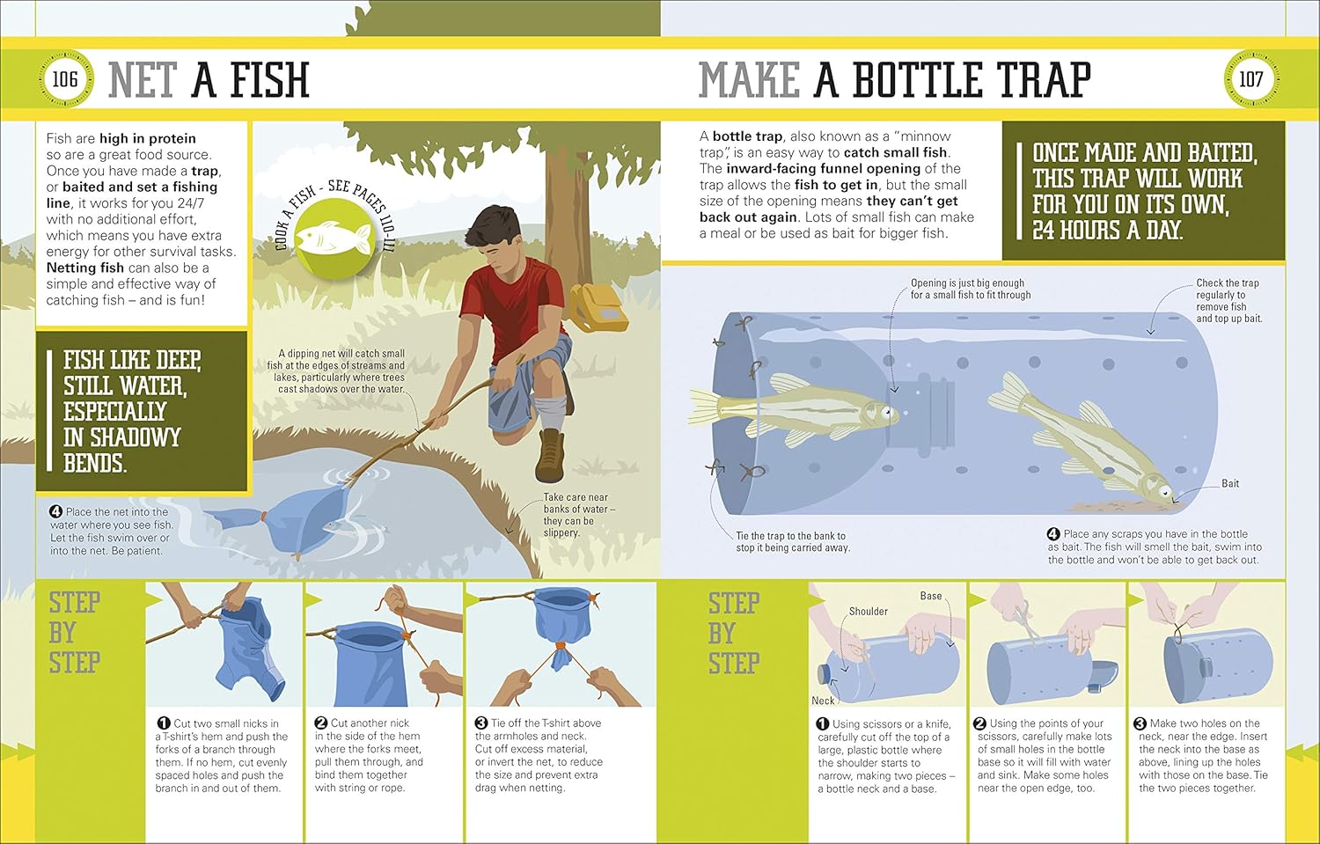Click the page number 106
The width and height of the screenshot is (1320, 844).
[x=65, y=79]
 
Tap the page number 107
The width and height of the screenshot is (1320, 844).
[x=1250, y=79]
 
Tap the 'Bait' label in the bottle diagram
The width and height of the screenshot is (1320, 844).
[x=1230, y=483]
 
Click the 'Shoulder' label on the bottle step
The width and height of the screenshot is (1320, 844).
[x=868, y=611]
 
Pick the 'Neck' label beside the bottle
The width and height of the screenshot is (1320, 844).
[x=823, y=701]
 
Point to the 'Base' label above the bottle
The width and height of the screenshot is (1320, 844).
[x=931, y=596]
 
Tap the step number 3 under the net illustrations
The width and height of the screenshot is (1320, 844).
[x=481, y=723]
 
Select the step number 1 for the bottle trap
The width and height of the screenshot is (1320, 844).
[x=823, y=723]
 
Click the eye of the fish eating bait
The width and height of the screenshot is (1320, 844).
[x=1164, y=491]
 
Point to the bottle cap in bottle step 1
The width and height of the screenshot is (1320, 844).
[x=823, y=673]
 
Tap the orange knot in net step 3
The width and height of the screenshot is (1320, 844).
[x=559, y=649]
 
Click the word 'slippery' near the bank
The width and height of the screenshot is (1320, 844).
[x=561, y=532]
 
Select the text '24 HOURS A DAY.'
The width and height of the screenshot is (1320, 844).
[x=1107, y=230]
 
